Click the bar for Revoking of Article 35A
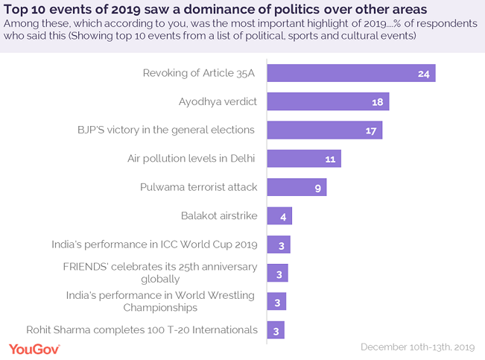coord(350,73)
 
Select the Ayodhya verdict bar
coord(328,101)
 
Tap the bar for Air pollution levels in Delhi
coord(303,158)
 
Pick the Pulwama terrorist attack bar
coord(296,187)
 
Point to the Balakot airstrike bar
coord(279,216)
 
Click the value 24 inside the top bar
coord(423,74)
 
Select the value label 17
coord(371,130)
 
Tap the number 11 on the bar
coord(330,159)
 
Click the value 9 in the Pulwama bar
coord(317,188)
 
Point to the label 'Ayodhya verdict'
coord(217,101)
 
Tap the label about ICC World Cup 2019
coord(154,244)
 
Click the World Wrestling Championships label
coord(159,301)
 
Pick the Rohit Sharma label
coord(142,329)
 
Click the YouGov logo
coord(36,347)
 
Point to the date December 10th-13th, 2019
coord(418,347)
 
